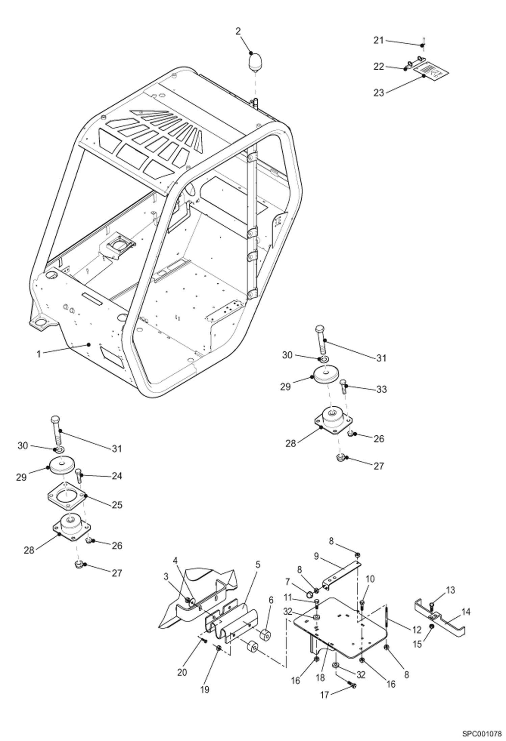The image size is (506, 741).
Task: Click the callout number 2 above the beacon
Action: (x=238, y=31)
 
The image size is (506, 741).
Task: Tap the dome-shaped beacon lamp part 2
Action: (x=255, y=63)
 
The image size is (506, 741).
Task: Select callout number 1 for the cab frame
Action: (x=39, y=354)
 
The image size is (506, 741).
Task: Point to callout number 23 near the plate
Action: (x=379, y=93)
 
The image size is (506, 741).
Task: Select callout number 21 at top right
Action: (x=379, y=40)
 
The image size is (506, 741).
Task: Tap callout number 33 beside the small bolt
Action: (x=381, y=389)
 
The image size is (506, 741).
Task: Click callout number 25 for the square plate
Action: (x=117, y=505)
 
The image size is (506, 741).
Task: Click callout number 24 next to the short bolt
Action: (x=117, y=476)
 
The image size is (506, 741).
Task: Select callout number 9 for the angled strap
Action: (x=316, y=556)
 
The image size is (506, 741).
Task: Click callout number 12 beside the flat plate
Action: (x=416, y=630)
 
